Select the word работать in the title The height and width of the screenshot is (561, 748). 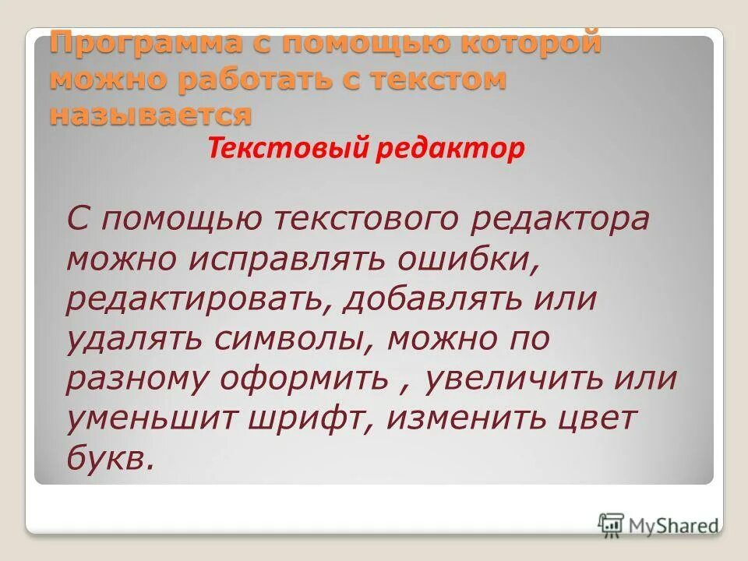pyautogui.click(x=266, y=79)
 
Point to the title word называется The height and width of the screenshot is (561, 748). pyautogui.click(x=151, y=115)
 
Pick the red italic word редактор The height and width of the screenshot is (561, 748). pyautogui.click(x=459, y=148)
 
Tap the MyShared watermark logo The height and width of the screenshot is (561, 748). pyautogui.click(x=658, y=524)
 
